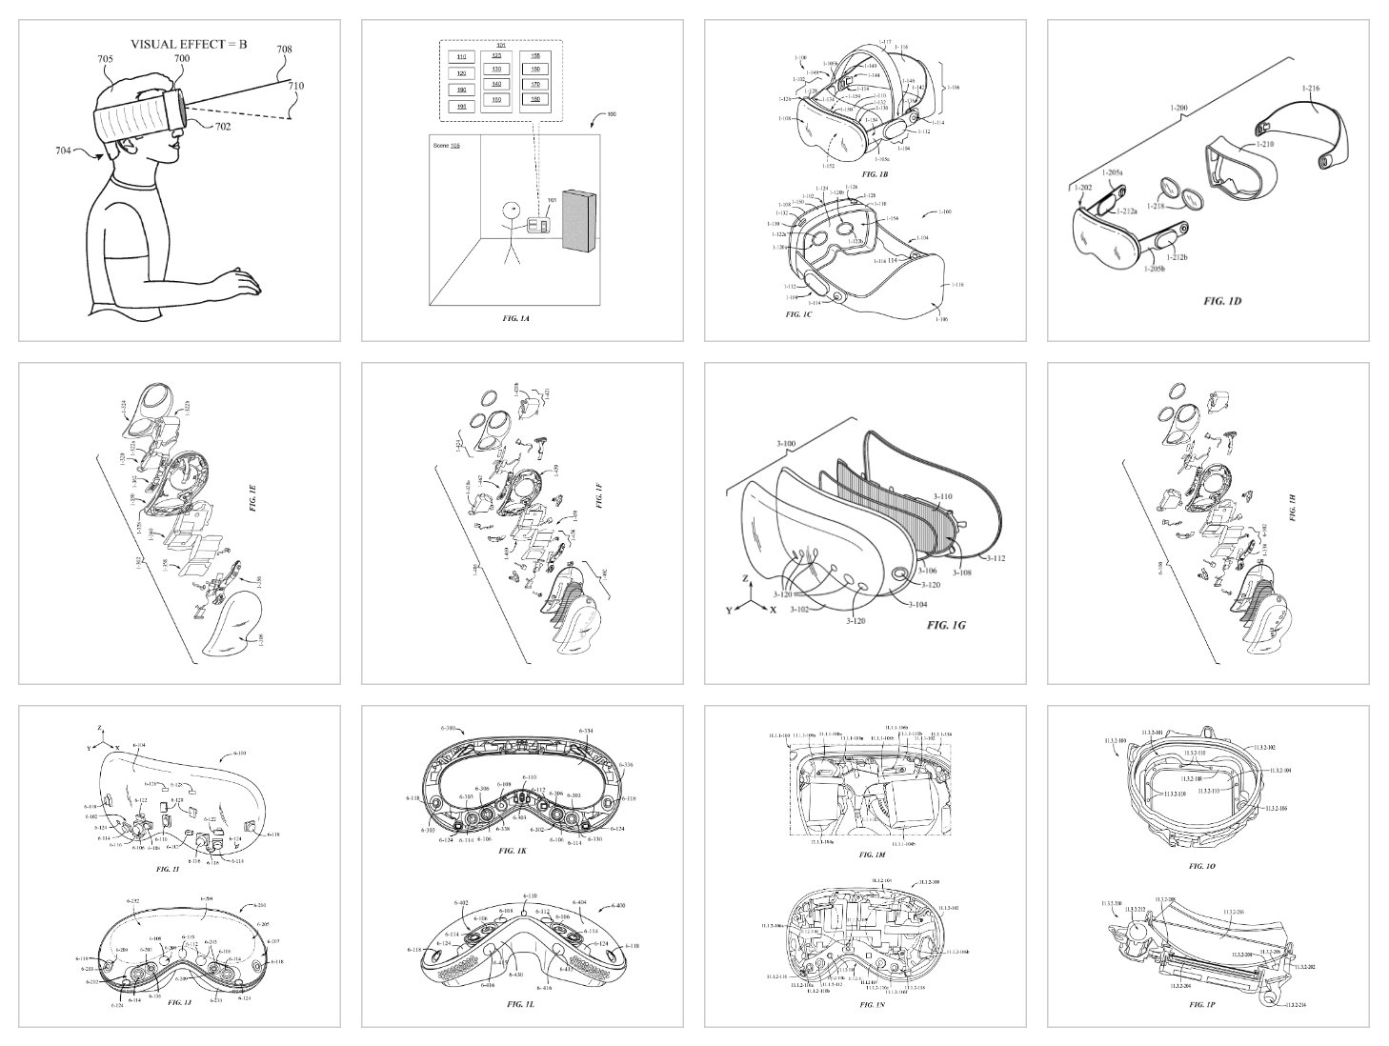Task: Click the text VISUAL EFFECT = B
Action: tap(188, 44)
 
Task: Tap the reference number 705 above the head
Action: tap(105, 59)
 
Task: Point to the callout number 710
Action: tap(296, 86)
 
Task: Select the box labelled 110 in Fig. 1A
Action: tap(462, 58)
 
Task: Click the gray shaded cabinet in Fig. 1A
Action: tap(579, 222)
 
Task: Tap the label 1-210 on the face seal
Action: tap(1264, 144)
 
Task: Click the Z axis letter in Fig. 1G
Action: tap(746, 578)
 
